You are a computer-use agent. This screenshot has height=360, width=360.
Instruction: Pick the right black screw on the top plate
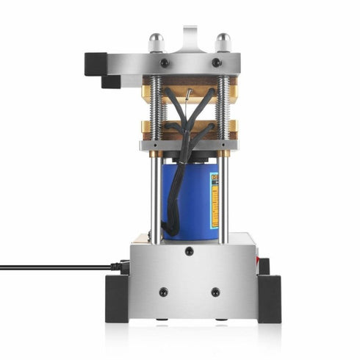click(216, 63)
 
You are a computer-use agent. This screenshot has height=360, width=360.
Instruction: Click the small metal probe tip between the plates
click(190, 94)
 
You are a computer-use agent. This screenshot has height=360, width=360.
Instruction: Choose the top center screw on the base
click(189, 251)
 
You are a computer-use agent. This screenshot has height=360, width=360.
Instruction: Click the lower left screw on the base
click(163, 292)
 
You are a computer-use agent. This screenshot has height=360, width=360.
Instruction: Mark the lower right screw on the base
click(215, 292)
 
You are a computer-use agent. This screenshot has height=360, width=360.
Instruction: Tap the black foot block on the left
click(118, 297)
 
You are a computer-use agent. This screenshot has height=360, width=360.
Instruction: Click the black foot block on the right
click(269, 297)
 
